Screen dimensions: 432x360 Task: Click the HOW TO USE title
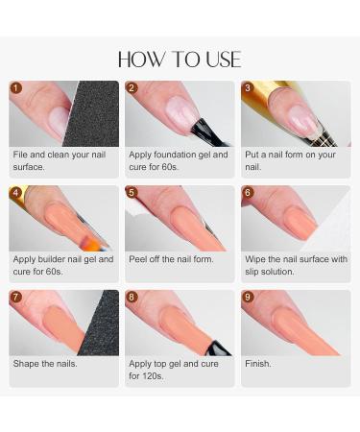180,60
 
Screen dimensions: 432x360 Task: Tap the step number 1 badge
16,87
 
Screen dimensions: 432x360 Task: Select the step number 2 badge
132,87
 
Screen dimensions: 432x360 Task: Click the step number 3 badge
248,87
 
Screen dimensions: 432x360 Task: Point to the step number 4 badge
16,192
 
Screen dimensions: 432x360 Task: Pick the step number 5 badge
132,192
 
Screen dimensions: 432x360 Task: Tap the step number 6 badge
248,192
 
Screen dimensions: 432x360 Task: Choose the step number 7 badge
16,297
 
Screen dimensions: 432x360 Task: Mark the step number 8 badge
132,297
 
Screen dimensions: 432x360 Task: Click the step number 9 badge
248,297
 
